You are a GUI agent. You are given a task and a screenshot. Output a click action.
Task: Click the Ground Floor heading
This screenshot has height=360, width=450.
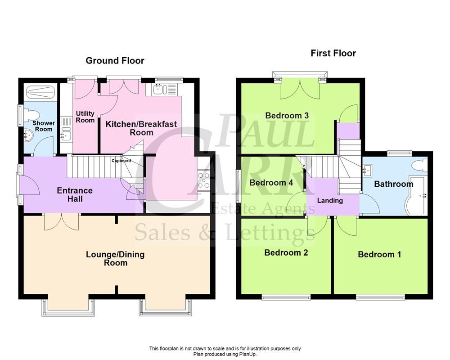click(x=115, y=61)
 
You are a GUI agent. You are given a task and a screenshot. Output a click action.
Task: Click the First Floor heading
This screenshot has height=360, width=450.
click(x=333, y=54)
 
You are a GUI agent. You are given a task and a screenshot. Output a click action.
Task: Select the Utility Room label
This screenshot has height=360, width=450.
click(x=85, y=117)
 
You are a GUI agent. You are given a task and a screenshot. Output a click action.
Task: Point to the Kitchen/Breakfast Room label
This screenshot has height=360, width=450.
click(x=141, y=128)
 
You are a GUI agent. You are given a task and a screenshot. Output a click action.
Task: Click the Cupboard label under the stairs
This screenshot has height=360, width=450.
click(x=121, y=161)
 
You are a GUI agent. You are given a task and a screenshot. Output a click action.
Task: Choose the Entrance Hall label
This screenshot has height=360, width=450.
click(x=75, y=194)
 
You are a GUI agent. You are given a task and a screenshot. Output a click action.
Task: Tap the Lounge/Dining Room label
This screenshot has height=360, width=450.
click(x=115, y=258)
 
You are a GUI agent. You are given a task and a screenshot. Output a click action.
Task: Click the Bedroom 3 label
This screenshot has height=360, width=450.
click(x=287, y=116)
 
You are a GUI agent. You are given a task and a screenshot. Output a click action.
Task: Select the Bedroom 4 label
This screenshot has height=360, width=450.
click(x=271, y=183)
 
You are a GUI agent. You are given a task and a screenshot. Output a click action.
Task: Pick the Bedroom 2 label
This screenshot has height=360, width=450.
click(x=286, y=252)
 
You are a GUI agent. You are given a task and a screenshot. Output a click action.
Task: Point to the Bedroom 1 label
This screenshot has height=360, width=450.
click(x=379, y=255)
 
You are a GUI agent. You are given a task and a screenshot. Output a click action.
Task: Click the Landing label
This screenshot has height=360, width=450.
click(x=330, y=201)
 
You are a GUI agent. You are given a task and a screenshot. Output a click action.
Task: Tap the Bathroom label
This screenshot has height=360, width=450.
click(x=393, y=184)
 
